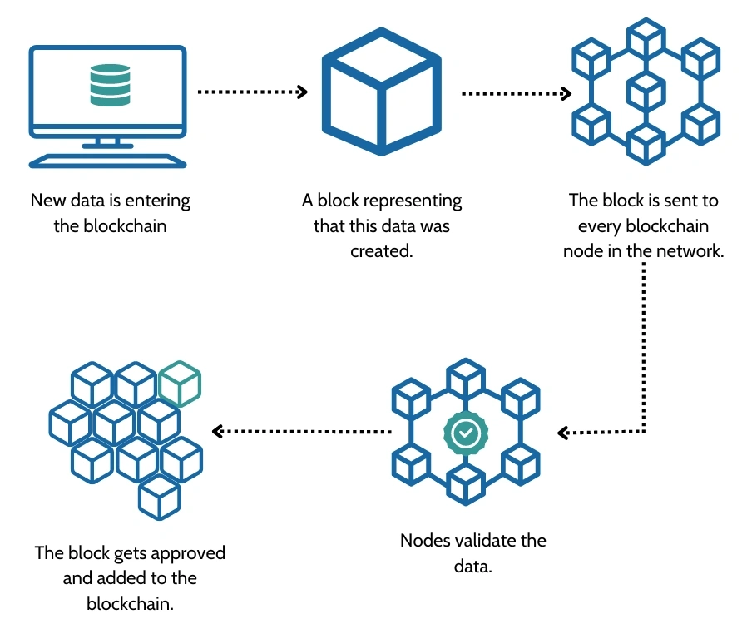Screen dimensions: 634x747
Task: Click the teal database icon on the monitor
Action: click(x=111, y=85)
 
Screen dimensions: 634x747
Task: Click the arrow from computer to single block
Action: click(x=252, y=92)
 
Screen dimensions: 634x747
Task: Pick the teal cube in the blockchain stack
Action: click(x=179, y=384)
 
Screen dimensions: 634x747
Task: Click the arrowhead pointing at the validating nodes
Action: click(x=563, y=433)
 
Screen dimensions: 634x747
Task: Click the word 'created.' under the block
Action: click(x=381, y=250)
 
